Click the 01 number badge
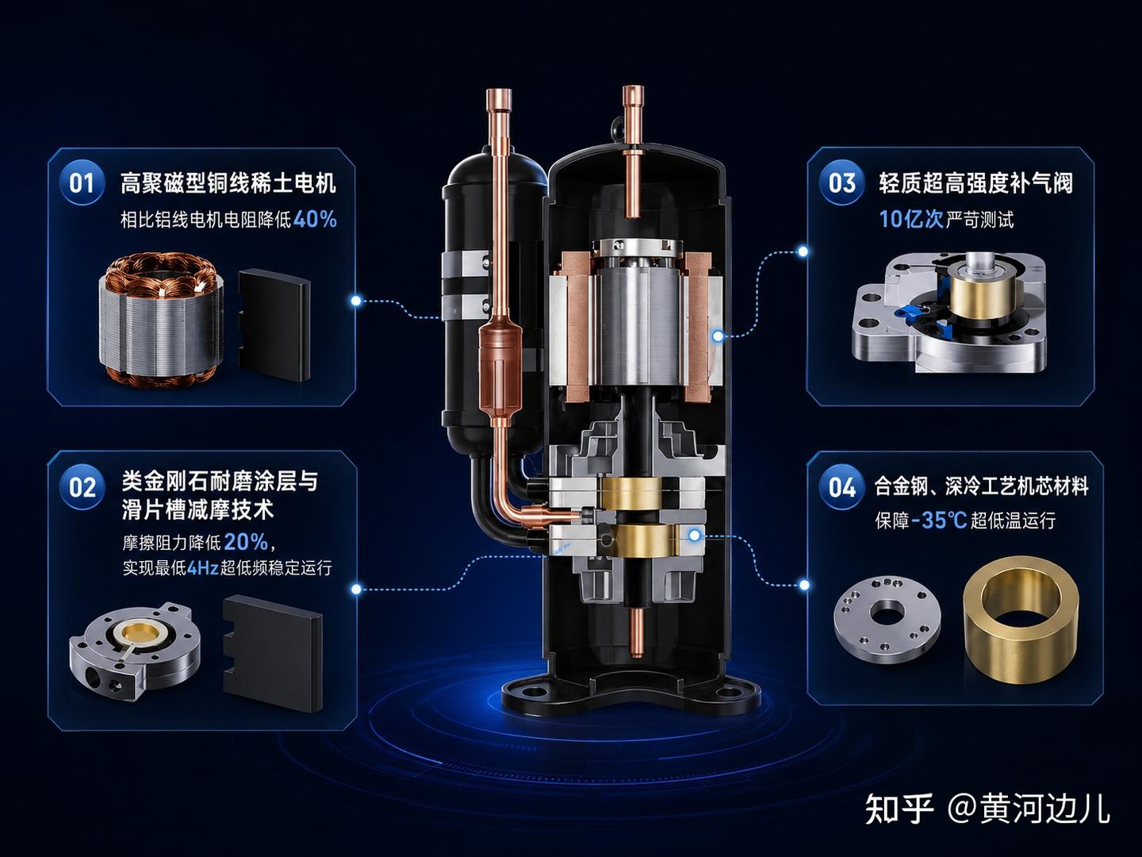82,183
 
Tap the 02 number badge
82,487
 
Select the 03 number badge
841,183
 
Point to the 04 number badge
841,487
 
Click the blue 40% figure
315,219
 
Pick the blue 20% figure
246,542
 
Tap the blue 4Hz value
202,567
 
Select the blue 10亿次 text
911,219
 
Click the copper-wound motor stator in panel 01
161,318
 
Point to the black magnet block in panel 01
274,325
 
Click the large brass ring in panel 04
1021,620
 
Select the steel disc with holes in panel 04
887,619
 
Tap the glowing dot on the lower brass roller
695,535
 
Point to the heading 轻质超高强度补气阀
976,183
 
